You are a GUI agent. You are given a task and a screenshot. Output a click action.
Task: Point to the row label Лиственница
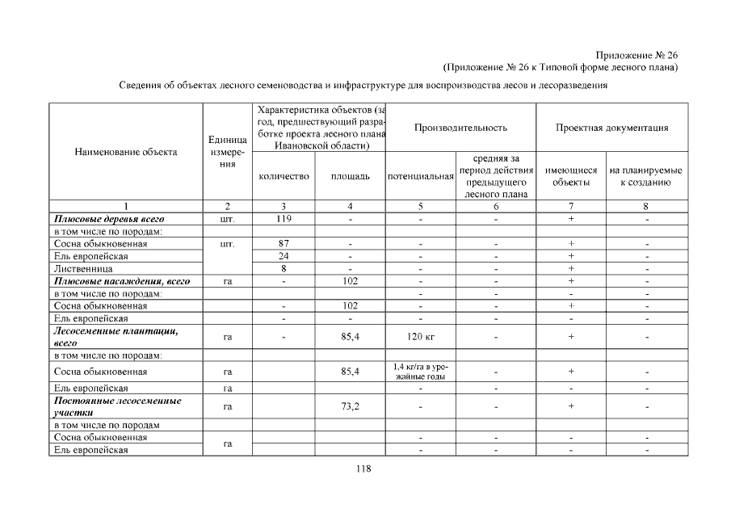point(83,268)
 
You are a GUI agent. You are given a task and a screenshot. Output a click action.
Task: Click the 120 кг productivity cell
point(420,337)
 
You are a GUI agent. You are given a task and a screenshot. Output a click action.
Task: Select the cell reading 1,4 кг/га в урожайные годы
point(420,372)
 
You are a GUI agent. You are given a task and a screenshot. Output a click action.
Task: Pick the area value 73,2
point(350,406)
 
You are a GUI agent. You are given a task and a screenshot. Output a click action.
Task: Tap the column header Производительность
point(460,128)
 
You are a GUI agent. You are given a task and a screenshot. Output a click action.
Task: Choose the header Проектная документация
point(611,128)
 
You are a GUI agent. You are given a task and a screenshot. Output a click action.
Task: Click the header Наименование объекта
point(126,151)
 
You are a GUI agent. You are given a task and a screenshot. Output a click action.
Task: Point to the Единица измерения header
point(227,152)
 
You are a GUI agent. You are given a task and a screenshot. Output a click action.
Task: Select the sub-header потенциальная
point(420,176)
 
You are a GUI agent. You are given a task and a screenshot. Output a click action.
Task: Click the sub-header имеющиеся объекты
point(571,176)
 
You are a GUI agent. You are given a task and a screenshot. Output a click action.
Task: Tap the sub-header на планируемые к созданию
point(646,176)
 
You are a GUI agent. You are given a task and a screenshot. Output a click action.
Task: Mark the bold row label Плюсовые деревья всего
point(109,219)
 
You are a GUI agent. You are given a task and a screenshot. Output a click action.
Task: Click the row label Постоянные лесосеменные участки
point(117,406)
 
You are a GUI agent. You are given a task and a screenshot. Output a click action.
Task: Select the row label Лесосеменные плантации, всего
point(116,337)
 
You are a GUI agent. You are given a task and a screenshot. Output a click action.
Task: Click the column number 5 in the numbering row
point(420,206)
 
